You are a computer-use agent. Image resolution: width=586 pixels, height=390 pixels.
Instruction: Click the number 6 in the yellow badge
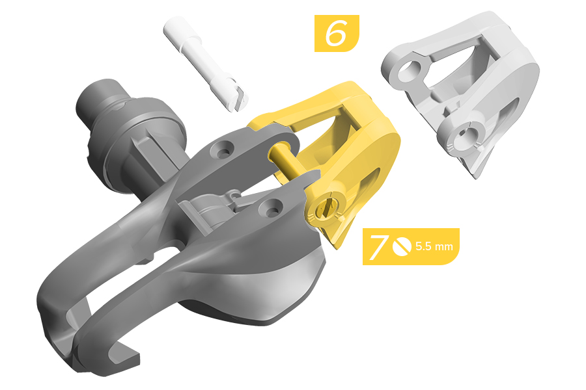coord(336,33)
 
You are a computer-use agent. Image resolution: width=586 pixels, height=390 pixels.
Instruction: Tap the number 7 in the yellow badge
coord(379,247)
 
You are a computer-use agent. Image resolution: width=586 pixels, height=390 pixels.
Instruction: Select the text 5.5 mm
coord(434,247)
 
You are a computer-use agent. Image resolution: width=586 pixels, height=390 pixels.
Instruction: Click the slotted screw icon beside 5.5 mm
coord(402,247)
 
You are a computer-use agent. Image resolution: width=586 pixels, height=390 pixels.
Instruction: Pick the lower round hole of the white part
coord(467,135)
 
